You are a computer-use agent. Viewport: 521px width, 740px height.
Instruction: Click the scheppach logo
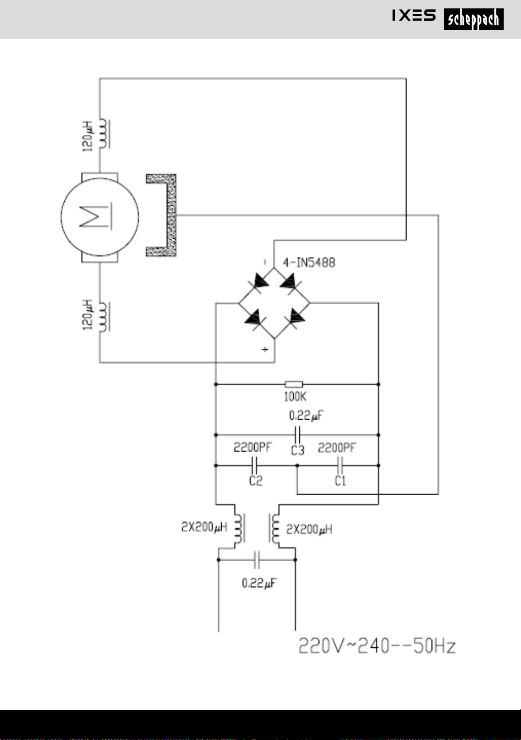(x=474, y=19)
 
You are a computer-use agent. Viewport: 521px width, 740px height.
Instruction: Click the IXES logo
(x=414, y=15)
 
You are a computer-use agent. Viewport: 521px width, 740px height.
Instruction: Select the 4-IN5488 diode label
(x=309, y=263)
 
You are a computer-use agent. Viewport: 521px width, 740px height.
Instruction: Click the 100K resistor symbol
(x=294, y=384)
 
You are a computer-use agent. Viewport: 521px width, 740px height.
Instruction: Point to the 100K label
(x=295, y=396)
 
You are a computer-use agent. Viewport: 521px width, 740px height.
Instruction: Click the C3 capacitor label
(x=298, y=450)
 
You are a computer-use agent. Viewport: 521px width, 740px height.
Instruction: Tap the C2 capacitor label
(x=256, y=481)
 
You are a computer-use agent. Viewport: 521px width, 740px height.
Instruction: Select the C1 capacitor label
(x=341, y=481)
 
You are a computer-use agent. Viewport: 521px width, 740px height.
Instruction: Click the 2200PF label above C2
(x=252, y=447)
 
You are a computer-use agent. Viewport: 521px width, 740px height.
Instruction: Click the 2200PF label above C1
(x=337, y=448)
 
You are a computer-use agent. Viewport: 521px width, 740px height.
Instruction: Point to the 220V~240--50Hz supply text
(x=377, y=646)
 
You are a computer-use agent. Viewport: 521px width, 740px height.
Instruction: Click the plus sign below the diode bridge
(x=265, y=349)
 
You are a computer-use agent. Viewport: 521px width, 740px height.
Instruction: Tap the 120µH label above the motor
(x=88, y=136)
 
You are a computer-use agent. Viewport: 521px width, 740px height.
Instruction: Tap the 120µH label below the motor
(x=88, y=315)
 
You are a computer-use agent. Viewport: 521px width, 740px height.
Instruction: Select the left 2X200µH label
(x=204, y=526)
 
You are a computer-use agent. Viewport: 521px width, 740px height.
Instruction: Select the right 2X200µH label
(x=309, y=529)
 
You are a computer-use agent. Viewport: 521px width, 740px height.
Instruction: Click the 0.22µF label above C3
(x=306, y=415)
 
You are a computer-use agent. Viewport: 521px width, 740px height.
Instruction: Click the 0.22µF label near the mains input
(x=259, y=583)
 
